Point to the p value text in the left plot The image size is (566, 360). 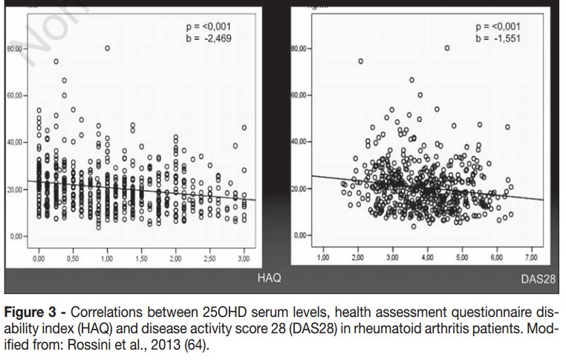click(211, 26)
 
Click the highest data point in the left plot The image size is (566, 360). click(107, 48)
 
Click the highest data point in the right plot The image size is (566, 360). click(447, 48)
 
